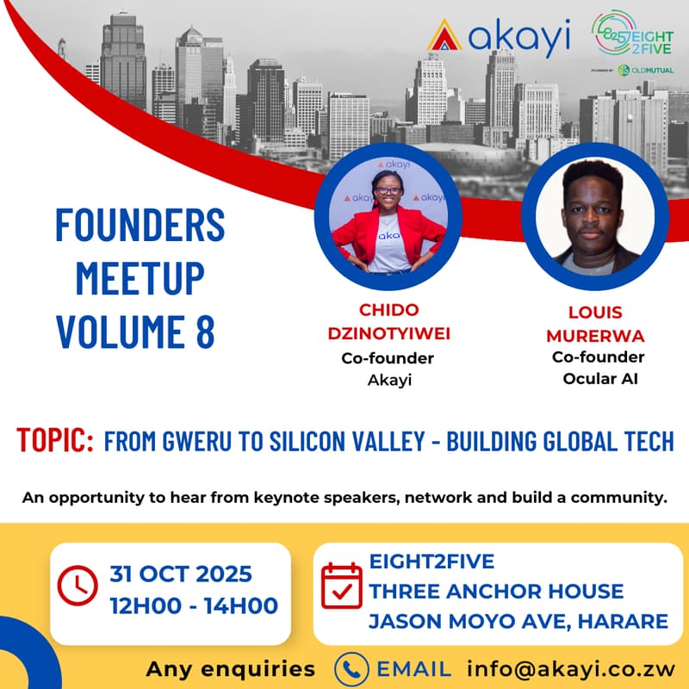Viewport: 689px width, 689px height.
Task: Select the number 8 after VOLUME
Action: click(x=204, y=332)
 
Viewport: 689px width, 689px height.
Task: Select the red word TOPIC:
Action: click(x=54, y=442)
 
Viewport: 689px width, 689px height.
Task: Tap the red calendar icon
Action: click(x=342, y=586)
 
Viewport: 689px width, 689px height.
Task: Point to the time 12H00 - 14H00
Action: click(x=194, y=605)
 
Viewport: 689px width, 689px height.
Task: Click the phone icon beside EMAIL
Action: click(x=351, y=667)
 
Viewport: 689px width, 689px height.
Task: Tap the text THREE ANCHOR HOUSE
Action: click(x=496, y=592)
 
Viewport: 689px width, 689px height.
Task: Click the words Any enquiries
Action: click(x=230, y=668)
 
